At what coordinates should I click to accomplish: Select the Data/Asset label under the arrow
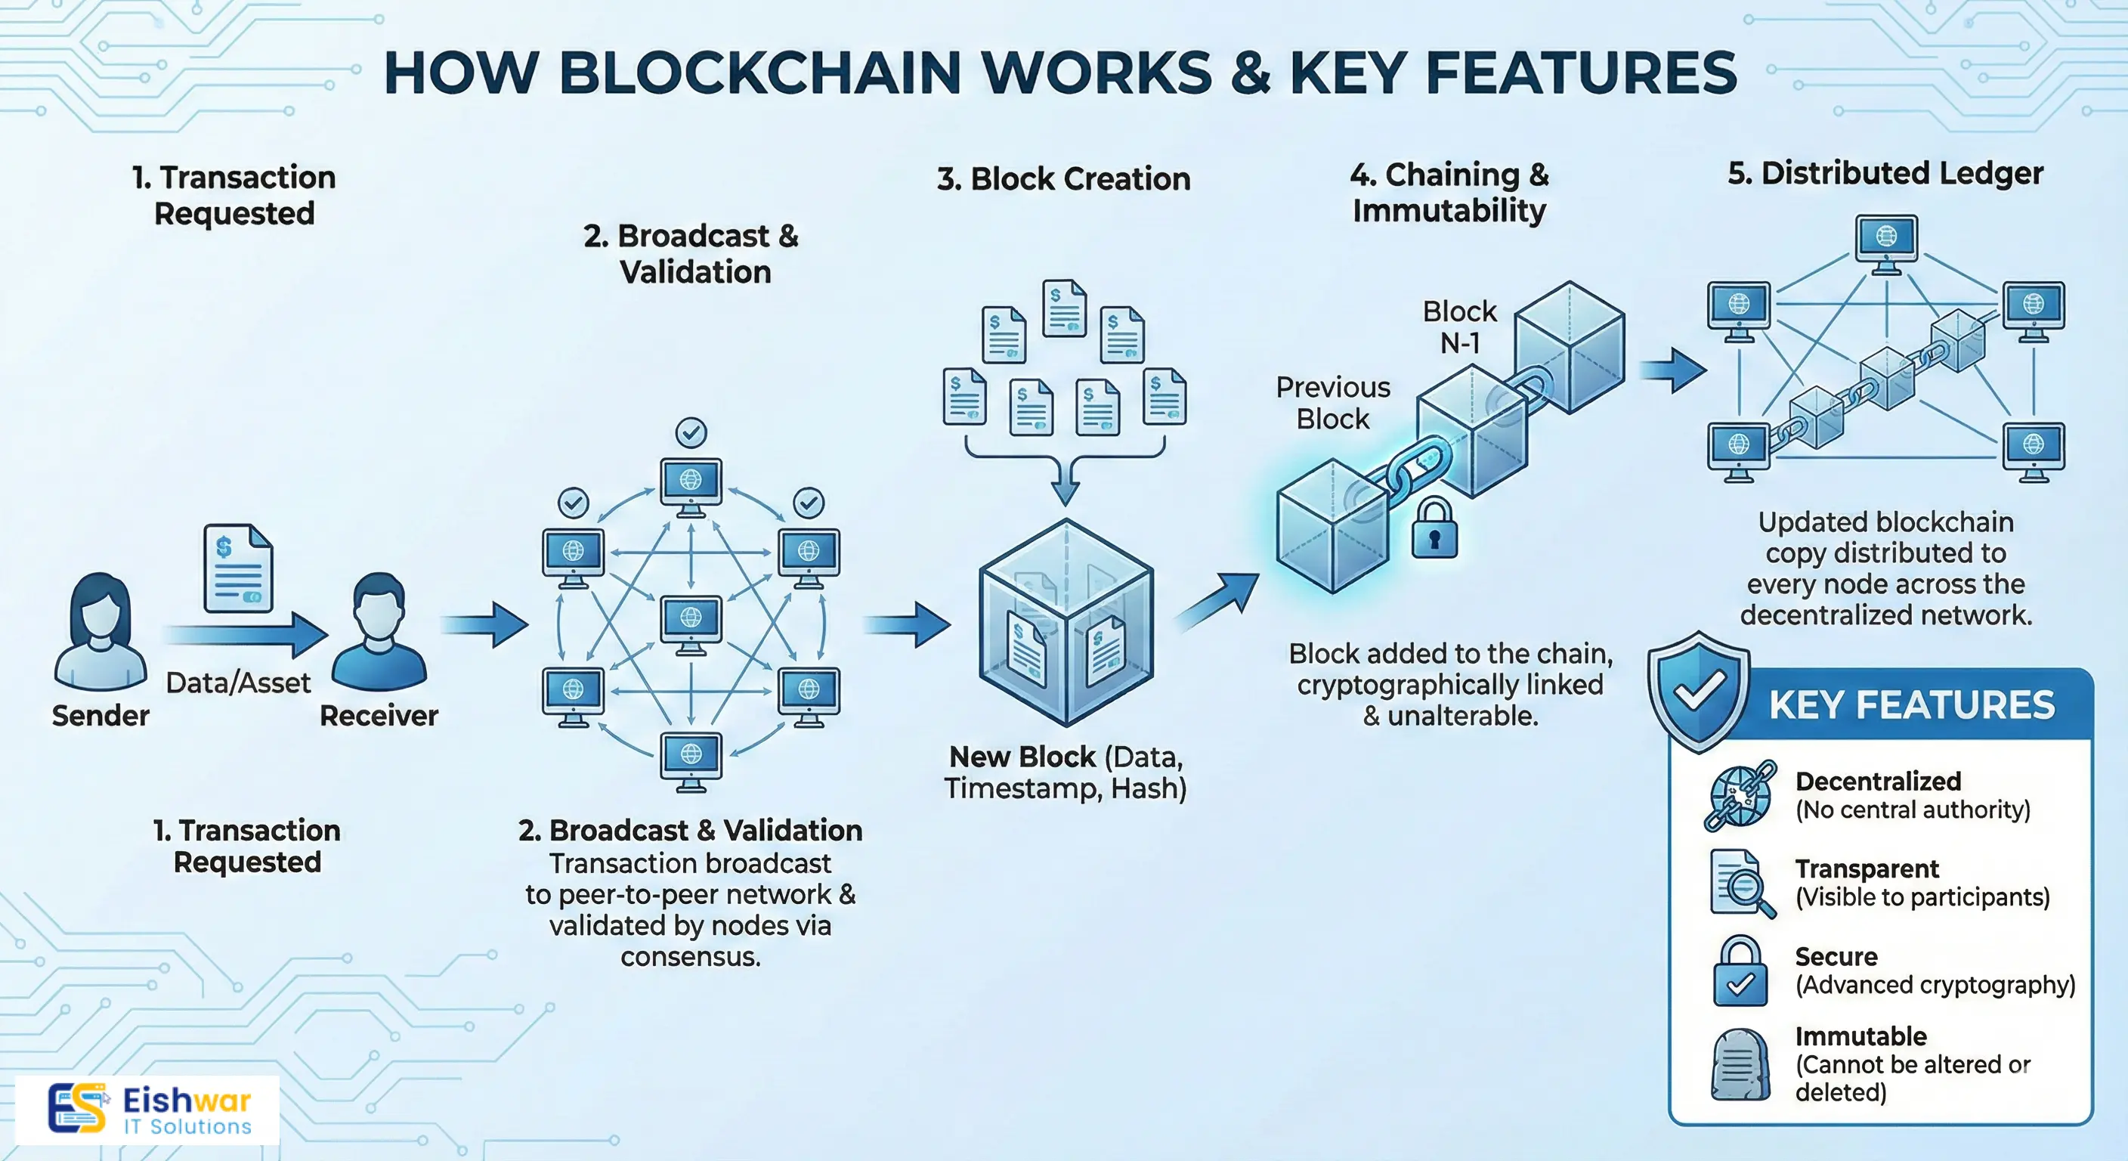pyautogui.click(x=238, y=683)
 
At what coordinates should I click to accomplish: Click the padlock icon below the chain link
pyautogui.click(x=1434, y=529)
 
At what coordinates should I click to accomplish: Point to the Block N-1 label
pyautogui.click(x=1460, y=327)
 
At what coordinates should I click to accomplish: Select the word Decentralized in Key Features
pyautogui.click(x=1878, y=781)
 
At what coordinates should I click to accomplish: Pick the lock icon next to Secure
pyautogui.click(x=1740, y=971)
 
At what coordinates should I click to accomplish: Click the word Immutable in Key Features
pyautogui.click(x=1860, y=1036)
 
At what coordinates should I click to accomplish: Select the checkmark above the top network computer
pyautogui.click(x=691, y=432)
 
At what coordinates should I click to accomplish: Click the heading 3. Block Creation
pyautogui.click(x=1063, y=179)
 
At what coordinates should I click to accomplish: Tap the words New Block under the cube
pyautogui.click(x=1022, y=757)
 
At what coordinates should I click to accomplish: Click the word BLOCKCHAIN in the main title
pyautogui.click(x=760, y=73)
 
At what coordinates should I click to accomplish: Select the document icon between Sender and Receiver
pyautogui.click(x=238, y=568)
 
